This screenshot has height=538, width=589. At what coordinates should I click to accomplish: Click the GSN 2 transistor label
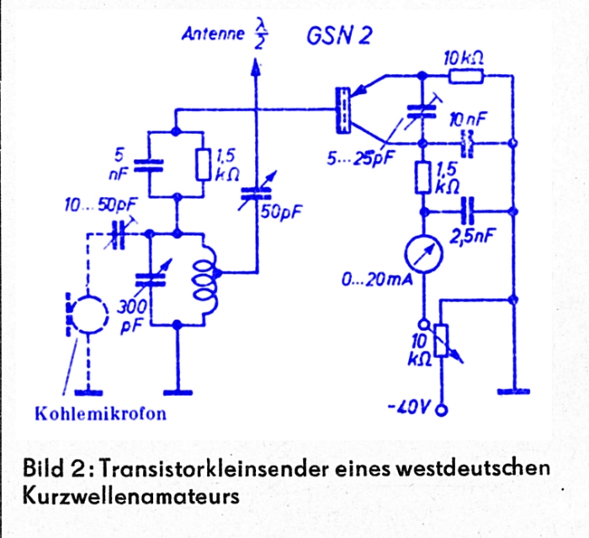[x=339, y=36]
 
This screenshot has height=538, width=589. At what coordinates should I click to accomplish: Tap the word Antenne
[x=213, y=34]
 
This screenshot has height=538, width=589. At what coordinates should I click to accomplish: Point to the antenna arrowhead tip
[x=256, y=58]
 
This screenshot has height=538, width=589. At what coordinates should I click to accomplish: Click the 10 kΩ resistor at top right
[x=466, y=77]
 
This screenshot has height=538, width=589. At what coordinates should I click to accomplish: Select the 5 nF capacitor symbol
[x=149, y=165]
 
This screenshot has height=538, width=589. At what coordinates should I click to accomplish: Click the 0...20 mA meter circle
[x=423, y=253]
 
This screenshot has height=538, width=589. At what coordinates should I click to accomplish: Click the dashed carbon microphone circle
[x=89, y=314]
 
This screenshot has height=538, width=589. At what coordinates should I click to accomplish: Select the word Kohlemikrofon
[x=101, y=414]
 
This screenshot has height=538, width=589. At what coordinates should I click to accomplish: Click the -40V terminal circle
[x=442, y=410]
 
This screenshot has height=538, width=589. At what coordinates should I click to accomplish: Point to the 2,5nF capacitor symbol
[x=469, y=211]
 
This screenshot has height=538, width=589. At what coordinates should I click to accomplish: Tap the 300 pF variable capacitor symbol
[x=151, y=280]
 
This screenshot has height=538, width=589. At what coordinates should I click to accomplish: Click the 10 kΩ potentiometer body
[x=441, y=341]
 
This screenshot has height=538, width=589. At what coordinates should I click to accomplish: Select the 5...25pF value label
[x=360, y=158]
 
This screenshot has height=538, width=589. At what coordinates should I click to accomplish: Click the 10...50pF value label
[x=101, y=205]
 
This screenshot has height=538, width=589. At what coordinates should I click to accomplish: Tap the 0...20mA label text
[x=377, y=280]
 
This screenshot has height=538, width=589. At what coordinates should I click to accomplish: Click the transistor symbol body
[x=343, y=109]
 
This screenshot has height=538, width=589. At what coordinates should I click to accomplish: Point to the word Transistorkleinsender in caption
[x=216, y=468]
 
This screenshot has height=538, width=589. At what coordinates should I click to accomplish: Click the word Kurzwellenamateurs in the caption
[x=131, y=497]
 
